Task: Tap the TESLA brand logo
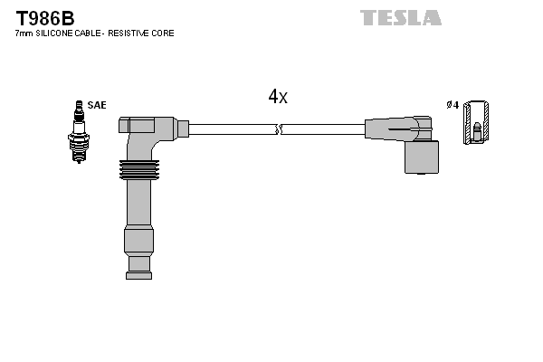400,17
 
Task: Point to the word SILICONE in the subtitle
62,33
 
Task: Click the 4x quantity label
278,97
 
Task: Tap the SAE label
97,105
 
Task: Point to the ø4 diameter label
452,105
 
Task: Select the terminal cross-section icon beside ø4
478,121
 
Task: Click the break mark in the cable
280,130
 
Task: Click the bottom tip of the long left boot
138,266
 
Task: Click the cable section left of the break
231,129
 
